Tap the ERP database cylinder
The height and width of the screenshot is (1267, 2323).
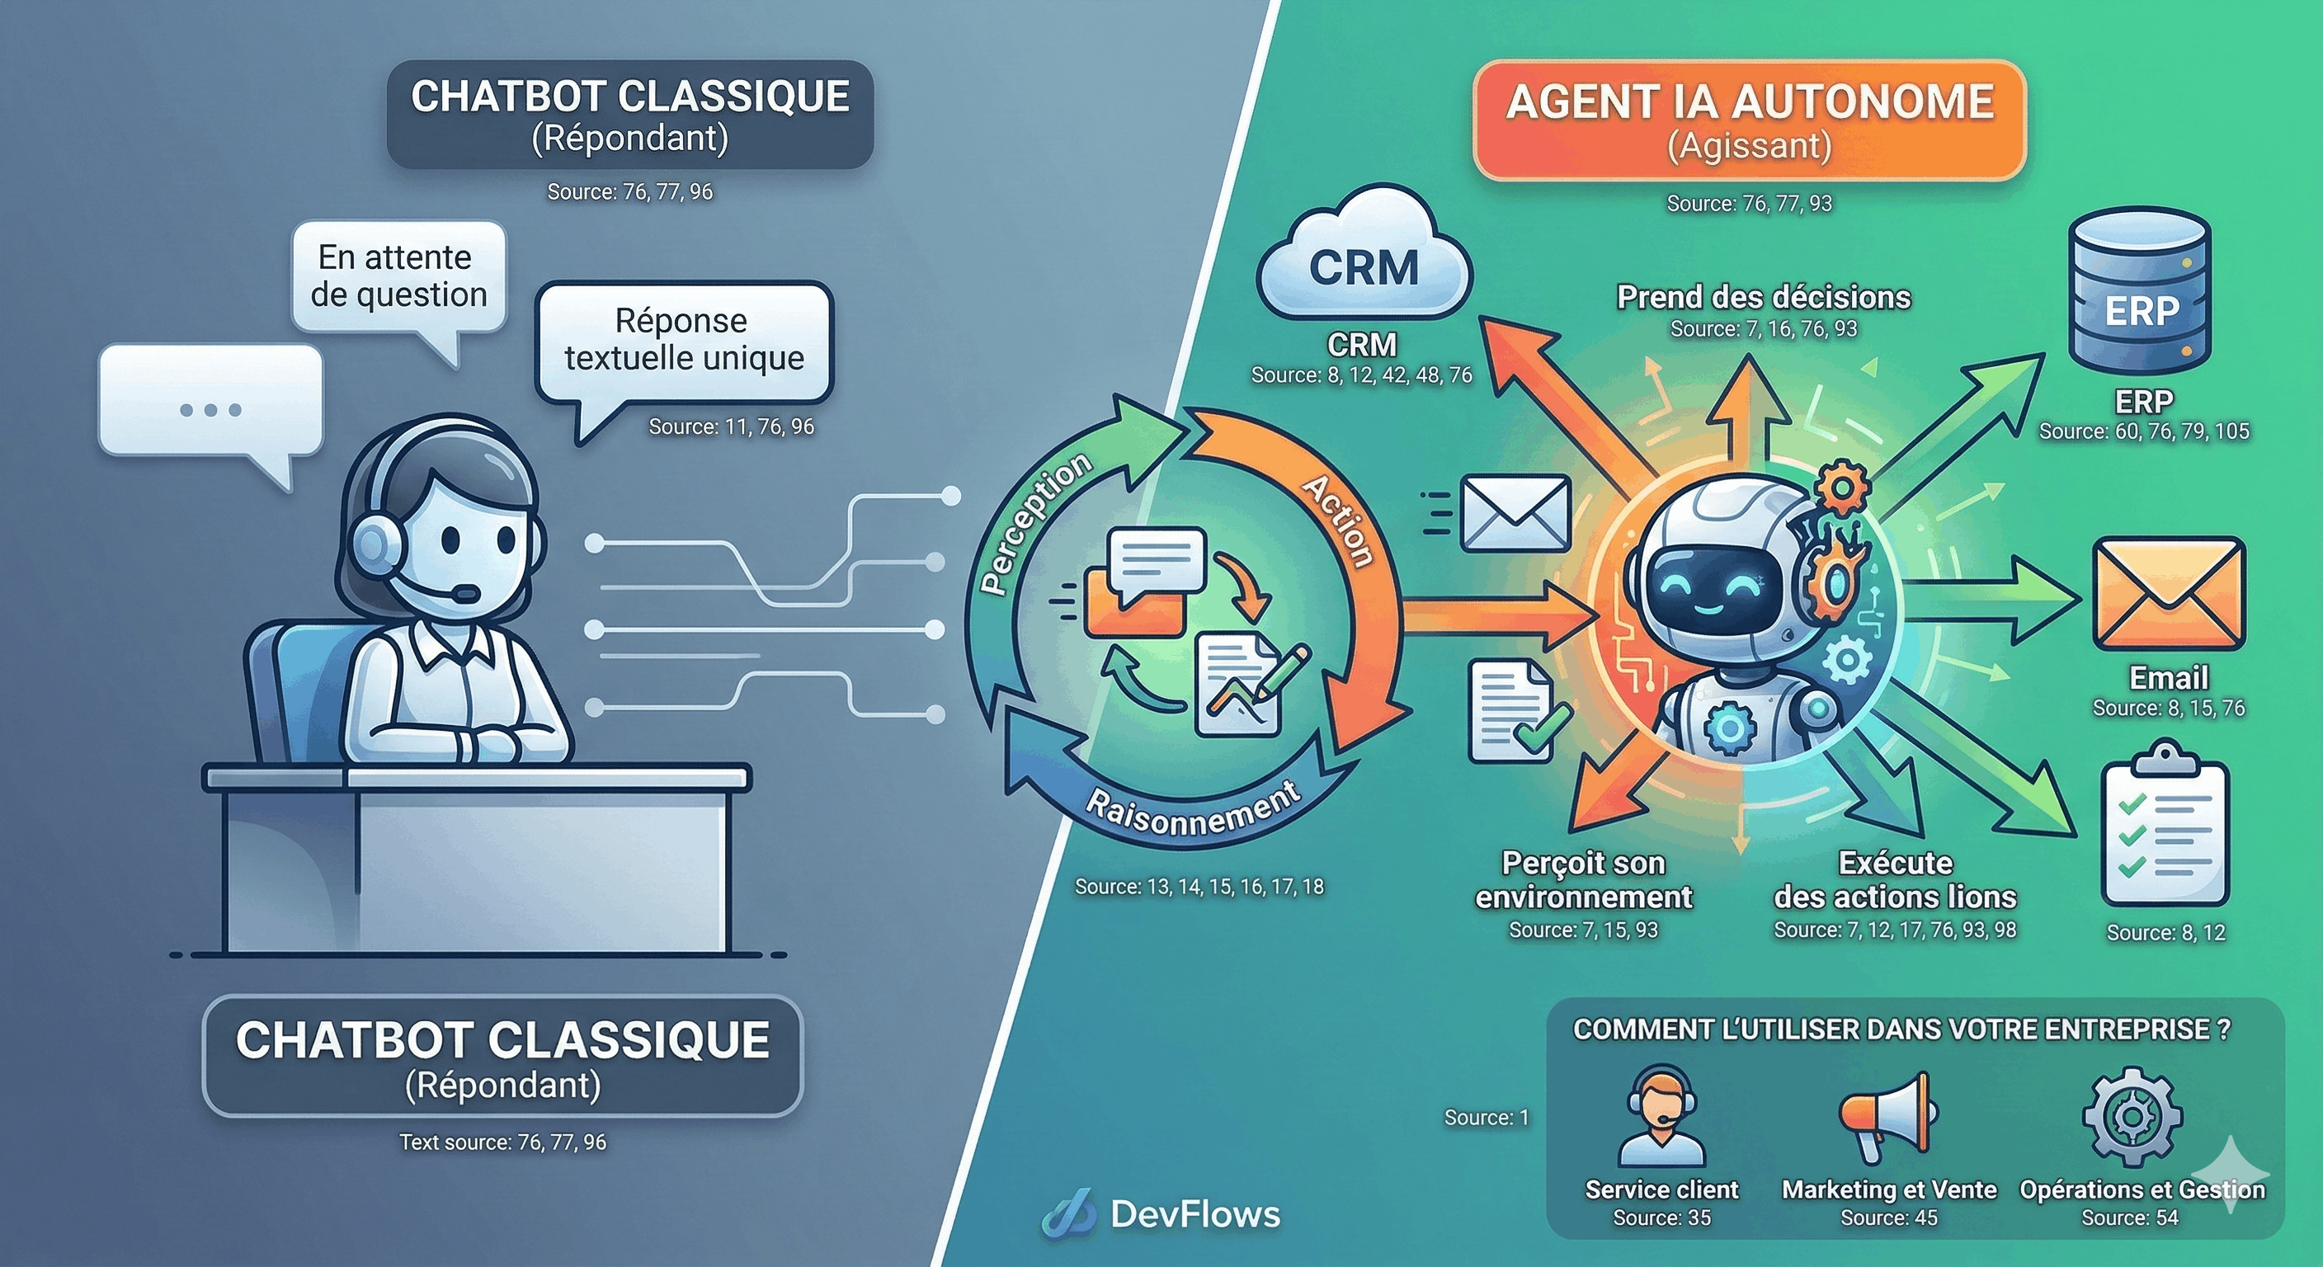click(2141, 290)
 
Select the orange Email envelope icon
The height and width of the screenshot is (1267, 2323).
click(2168, 596)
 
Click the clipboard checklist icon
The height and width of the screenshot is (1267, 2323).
click(2165, 825)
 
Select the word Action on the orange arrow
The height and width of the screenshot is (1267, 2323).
click(1339, 521)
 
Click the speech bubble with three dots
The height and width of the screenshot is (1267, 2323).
click(210, 406)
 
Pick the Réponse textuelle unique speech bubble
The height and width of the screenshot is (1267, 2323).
click(684, 341)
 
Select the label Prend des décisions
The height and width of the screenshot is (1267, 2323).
click(1763, 298)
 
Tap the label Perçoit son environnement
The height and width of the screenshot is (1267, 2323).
click(1584, 880)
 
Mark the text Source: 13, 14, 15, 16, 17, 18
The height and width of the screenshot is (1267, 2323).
click(1199, 888)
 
